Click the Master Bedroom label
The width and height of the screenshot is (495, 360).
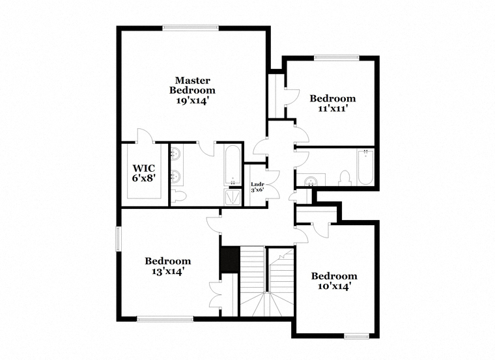[x=192, y=85]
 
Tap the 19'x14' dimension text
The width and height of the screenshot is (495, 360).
[x=192, y=101]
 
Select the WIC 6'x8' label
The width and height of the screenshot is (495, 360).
[x=144, y=173]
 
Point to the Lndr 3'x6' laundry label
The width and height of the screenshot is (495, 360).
[x=257, y=187]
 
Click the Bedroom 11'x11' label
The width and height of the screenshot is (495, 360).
[x=333, y=103]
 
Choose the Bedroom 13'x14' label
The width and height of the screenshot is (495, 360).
[x=168, y=266]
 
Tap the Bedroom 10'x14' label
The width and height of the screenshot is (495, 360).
[x=334, y=281]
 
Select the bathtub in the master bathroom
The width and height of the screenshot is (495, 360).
[x=233, y=165]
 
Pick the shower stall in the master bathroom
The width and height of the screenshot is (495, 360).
[x=233, y=197]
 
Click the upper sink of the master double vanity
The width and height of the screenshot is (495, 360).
[x=175, y=154]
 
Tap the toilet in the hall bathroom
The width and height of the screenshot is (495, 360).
[x=345, y=178]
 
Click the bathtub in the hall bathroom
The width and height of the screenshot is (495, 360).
[x=365, y=167]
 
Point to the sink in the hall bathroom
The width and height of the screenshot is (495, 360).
[x=311, y=181]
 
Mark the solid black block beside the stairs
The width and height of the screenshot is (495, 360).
[x=230, y=259]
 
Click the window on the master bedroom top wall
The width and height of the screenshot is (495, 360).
[x=191, y=28]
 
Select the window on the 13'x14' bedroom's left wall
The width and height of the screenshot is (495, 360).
[x=119, y=239]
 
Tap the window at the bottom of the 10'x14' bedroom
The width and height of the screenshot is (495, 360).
[x=357, y=337]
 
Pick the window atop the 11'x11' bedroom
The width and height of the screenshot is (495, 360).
[x=337, y=58]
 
